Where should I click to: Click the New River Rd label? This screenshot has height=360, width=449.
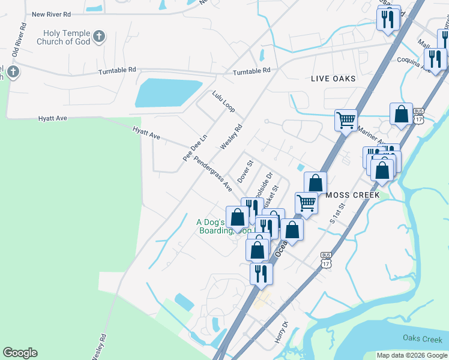coord(51,14)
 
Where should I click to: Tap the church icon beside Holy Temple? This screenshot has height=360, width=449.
coord(99,37)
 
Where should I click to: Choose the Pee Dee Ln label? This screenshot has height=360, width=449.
coord(195,146)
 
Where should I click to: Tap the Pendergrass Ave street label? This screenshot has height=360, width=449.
coord(212,176)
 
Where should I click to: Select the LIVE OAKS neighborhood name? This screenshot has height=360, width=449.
coord(333,79)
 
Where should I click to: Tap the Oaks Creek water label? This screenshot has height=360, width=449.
coord(423,339)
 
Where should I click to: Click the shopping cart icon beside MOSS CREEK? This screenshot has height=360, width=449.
coord(307,203)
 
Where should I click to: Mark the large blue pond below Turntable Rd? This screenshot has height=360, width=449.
coord(169,94)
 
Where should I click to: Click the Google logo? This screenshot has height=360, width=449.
coord(20,353)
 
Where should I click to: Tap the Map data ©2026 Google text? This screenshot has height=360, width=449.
coord(412,355)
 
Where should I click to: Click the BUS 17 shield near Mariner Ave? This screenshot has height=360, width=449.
coord(418,116)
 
